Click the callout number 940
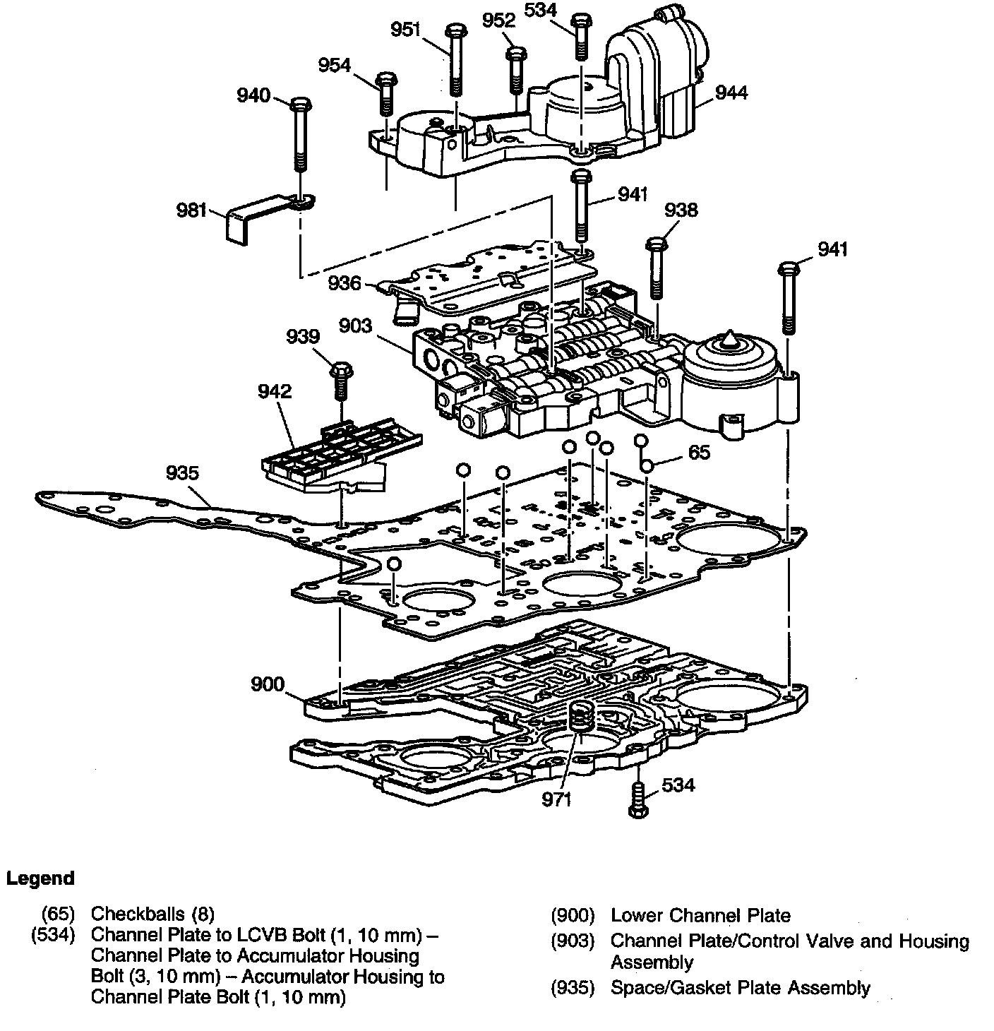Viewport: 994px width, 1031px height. click(x=253, y=95)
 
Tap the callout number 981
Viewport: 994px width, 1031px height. click(x=192, y=210)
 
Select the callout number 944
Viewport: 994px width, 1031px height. click(x=731, y=93)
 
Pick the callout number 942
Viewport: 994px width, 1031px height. click(x=275, y=391)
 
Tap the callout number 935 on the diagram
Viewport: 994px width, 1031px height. click(x=183, y=472)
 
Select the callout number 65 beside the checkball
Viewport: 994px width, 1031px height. click(x=699, y=452)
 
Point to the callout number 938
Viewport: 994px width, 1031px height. click(x=681, y=210)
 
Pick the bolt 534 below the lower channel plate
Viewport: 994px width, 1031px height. click(x=637, y=801)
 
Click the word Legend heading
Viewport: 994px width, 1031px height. click(x=40, y=878)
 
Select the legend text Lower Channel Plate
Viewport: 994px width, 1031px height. click(x=700, y=916)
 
